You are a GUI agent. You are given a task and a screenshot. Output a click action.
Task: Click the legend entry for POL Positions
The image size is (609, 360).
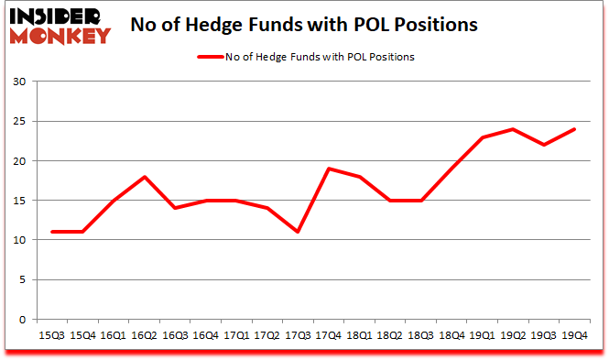[305, 57]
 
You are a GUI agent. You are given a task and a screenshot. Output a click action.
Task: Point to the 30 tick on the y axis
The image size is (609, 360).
[18, 82]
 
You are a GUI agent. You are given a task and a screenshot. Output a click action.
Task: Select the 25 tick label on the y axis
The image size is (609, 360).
[18, 121]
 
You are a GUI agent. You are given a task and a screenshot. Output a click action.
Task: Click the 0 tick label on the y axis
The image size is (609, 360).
[22, 320]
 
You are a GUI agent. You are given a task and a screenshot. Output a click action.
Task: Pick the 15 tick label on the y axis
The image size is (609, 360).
[18, 201]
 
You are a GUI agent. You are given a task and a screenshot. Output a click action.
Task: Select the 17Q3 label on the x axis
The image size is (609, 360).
[299, 336]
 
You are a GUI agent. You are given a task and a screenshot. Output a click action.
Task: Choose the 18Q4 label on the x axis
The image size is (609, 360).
[452, 336]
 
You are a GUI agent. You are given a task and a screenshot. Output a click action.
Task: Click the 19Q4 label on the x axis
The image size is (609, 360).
[575, 336]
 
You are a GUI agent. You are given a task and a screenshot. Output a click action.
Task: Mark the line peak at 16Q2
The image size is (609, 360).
[145, 177]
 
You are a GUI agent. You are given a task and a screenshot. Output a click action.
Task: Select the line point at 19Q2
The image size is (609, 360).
[514, 129]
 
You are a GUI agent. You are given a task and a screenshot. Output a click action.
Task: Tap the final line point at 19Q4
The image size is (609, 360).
[575, 129]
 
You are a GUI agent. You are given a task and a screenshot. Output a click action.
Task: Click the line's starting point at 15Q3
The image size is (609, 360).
[52, 232]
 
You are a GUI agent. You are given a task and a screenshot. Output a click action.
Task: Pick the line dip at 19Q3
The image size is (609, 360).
[545, 145]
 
